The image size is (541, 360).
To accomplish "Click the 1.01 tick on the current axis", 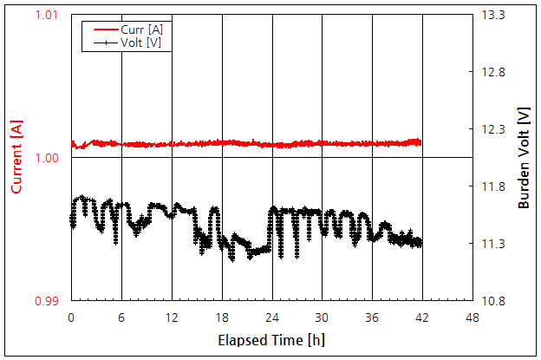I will pyautogui.click(x=47, y=15).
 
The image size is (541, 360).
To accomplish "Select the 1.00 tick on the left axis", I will pyautogui.click(x=47, y=158).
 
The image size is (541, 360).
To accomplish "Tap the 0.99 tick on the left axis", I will pyautogui.click(x=47, y=301).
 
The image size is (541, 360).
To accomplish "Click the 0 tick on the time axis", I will pyautogui.click(x=71, y=317).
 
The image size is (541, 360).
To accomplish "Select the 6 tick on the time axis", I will pyautogui.click(x=121, y=317).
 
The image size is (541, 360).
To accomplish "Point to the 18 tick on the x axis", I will pyautogui.click(x=222, y=317).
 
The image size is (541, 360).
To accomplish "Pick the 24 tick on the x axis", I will pyautogui.click(x=272, y=317).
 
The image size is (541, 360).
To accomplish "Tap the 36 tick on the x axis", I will pyautogui.click(x=373, y=317).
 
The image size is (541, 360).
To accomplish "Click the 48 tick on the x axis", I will pyautogui.click(x=473, y=317).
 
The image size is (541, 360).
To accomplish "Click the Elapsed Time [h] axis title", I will pyautogui.click(x=271, y=339).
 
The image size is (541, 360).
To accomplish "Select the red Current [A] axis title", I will pyautogui.click(x=16, y=158).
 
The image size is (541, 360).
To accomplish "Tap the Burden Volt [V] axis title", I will pyautogui.click(x=524, y=159).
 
